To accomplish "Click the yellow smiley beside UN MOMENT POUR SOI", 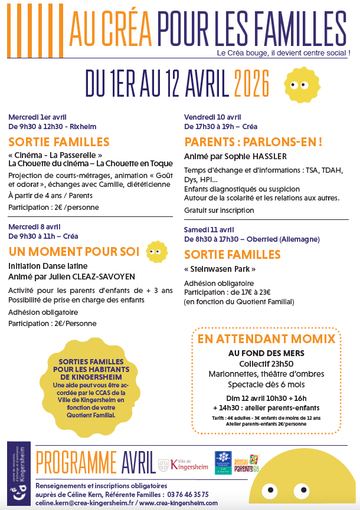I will point(155,252).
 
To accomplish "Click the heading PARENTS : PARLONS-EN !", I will point(253,142).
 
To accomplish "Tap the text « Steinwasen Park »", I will point(220,269).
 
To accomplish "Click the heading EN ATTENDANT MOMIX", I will point(266,339).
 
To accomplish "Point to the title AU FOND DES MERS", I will point(266,353).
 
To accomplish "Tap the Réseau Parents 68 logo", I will point(247,463).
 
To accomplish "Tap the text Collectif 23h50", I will point(266,363).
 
